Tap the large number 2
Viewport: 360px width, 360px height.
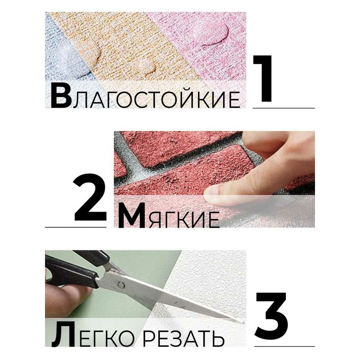click(90, 197)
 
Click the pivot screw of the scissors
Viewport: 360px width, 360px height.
click(121, 285)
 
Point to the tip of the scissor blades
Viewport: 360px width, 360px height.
click(244, 323)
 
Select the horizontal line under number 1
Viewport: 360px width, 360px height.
click(284, 108)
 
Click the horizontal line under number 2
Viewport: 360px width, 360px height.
click(76, 227)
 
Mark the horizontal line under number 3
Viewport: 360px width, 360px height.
click(284, 346)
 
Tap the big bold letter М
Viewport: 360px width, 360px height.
click(131, 216)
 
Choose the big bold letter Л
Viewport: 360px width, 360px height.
click(63, 334)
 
